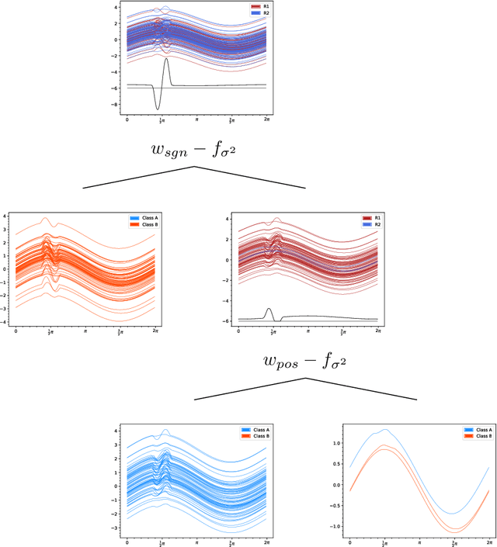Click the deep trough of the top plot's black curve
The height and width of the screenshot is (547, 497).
(x=158, y=108)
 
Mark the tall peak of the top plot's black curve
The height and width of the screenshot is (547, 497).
(x=166, y=59)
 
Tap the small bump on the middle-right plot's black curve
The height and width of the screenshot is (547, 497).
(x=269, y=310)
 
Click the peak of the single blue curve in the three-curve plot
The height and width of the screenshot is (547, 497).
(x=385, y=429)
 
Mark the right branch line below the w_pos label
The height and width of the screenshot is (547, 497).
(x=361, y=389)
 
